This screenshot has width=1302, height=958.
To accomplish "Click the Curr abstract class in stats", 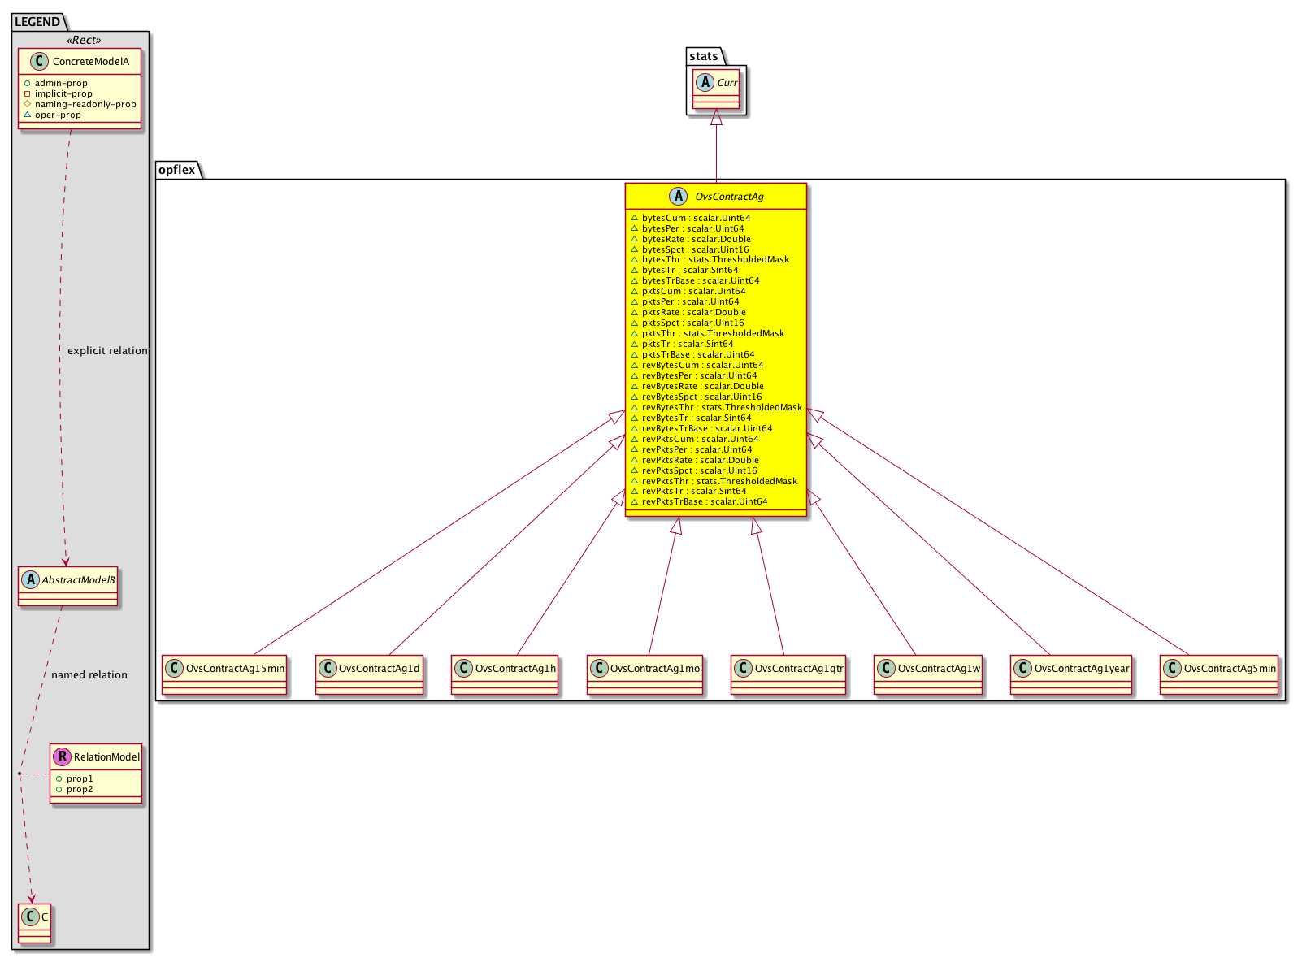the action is coord(718,89).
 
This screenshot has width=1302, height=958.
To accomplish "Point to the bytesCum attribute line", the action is coord(692,219).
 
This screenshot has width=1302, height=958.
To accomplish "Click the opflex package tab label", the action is coord(177,170).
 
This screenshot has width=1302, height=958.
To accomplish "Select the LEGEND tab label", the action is coord(37,22).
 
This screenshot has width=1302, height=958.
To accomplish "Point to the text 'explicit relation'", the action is coord(107,352).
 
